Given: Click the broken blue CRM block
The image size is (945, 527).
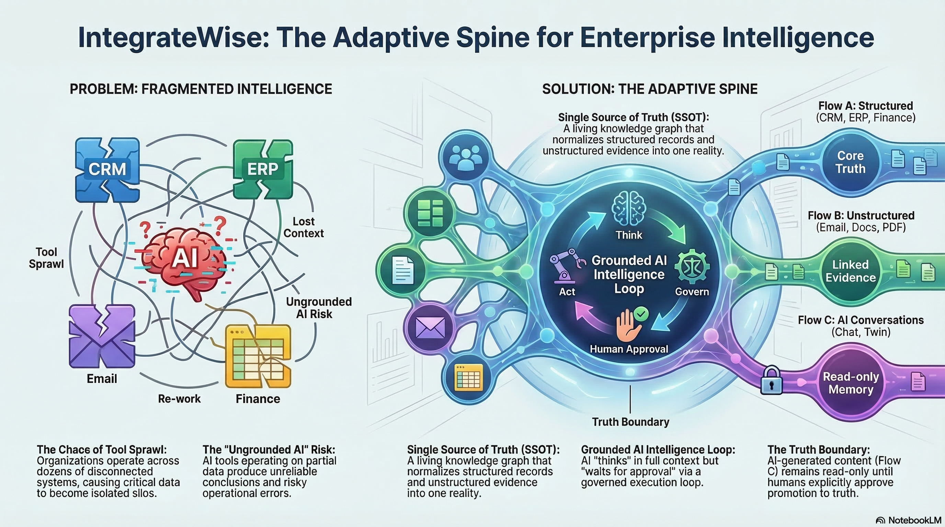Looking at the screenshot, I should pos(107,170).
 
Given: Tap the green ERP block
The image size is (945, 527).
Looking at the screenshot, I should pos(263,169).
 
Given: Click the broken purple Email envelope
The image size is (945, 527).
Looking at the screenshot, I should pos(102,337).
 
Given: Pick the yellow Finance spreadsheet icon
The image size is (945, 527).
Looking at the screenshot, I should pos(258,356).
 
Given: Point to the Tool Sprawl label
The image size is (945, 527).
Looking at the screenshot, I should pos(46,258).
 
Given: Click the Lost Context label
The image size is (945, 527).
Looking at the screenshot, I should pos(304,227).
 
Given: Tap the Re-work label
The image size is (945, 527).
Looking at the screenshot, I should pos(179,399).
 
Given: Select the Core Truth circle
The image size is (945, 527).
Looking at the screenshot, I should pos(850,162).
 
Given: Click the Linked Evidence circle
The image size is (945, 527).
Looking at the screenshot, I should pos(850,271).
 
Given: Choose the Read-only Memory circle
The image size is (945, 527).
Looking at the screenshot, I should pos(850,383).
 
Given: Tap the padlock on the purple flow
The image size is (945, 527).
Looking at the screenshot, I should pos(771,381).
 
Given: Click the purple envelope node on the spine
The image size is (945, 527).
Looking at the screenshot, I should pos(430,327).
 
